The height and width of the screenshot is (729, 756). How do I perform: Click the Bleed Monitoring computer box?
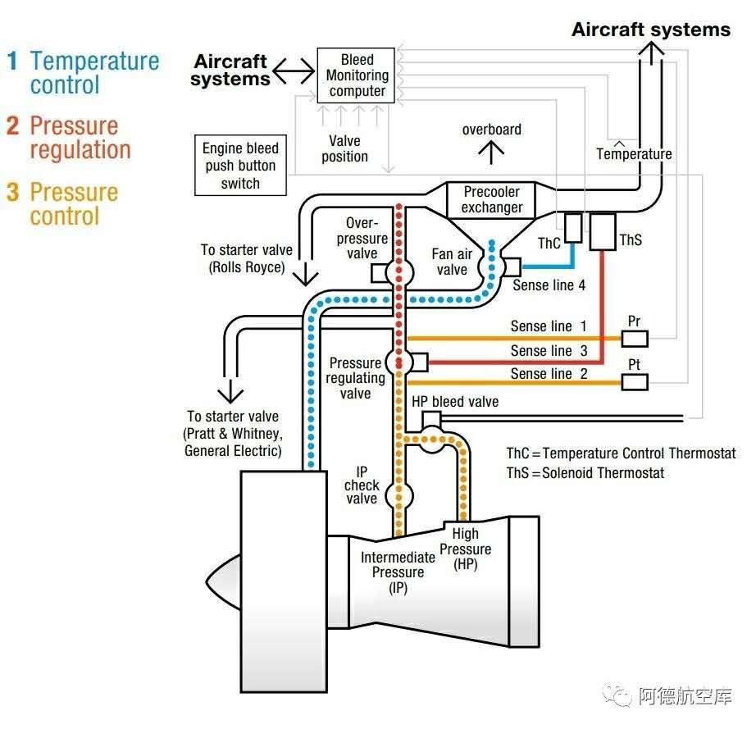357,75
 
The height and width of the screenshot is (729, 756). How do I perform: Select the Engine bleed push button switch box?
240,166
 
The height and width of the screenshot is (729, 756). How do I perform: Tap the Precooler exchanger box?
492,199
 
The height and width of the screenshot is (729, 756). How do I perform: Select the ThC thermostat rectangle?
573,228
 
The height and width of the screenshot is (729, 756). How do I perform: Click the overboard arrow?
492,151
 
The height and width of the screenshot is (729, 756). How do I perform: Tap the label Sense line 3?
549,351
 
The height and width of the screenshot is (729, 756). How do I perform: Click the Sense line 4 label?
549,285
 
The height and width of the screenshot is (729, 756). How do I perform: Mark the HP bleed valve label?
454,402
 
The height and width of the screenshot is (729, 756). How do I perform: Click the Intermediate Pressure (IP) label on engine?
398,572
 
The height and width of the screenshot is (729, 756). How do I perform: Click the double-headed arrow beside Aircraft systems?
294,72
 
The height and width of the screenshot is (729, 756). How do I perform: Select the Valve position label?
344,148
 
